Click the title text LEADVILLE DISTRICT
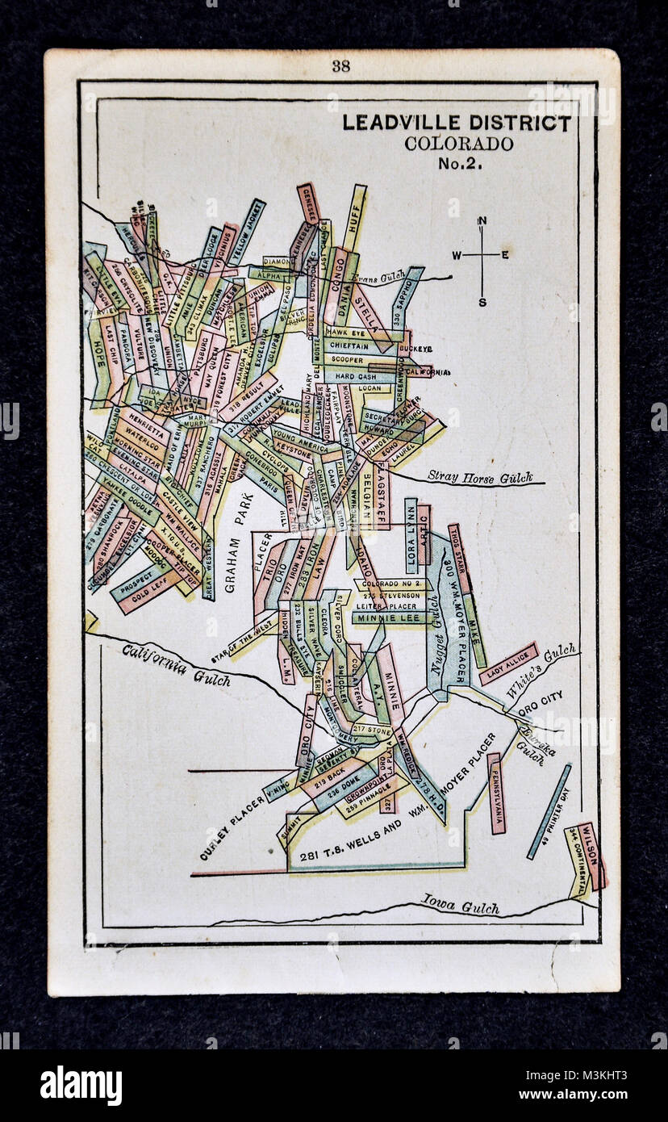pyautogui.click(x=457, y=124)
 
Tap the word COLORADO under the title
pyautogui.click(x=459, y=144)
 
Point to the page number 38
pyautogui.click(x=340, y=66)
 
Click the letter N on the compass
pyautogui.click(x=482, y=221)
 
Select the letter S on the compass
pyautogui.click(x=482, y=303)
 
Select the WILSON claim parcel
pyautogui.click(x=590, y=856)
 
